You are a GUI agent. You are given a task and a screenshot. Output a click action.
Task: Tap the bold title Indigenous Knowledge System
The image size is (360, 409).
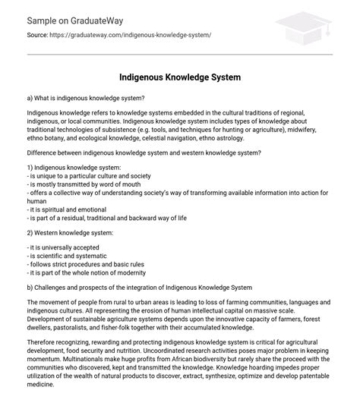coord(179,77)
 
